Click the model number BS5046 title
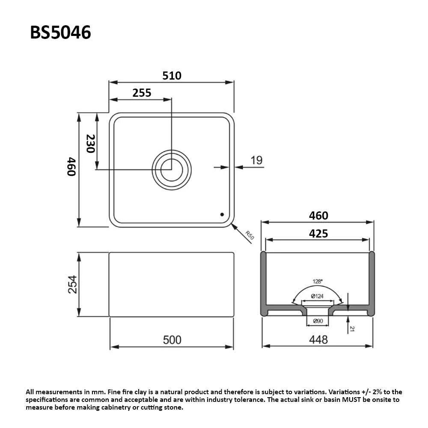(60, 33)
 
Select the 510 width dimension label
(172, 75)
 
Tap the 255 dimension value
(142, 92)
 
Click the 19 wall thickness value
(256, 160)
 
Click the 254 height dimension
(73, 284)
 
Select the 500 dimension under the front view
(172, 340)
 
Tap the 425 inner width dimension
(318, 233)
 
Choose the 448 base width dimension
(318, 340)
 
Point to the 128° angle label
(317, 282)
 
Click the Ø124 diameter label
(317, 296)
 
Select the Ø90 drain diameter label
(317, 321)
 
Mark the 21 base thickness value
(352, 329)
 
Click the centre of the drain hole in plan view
(172, 169)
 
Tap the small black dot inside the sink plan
(222, 214)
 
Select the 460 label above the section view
(318, 215)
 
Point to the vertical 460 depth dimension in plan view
(71, 167)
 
